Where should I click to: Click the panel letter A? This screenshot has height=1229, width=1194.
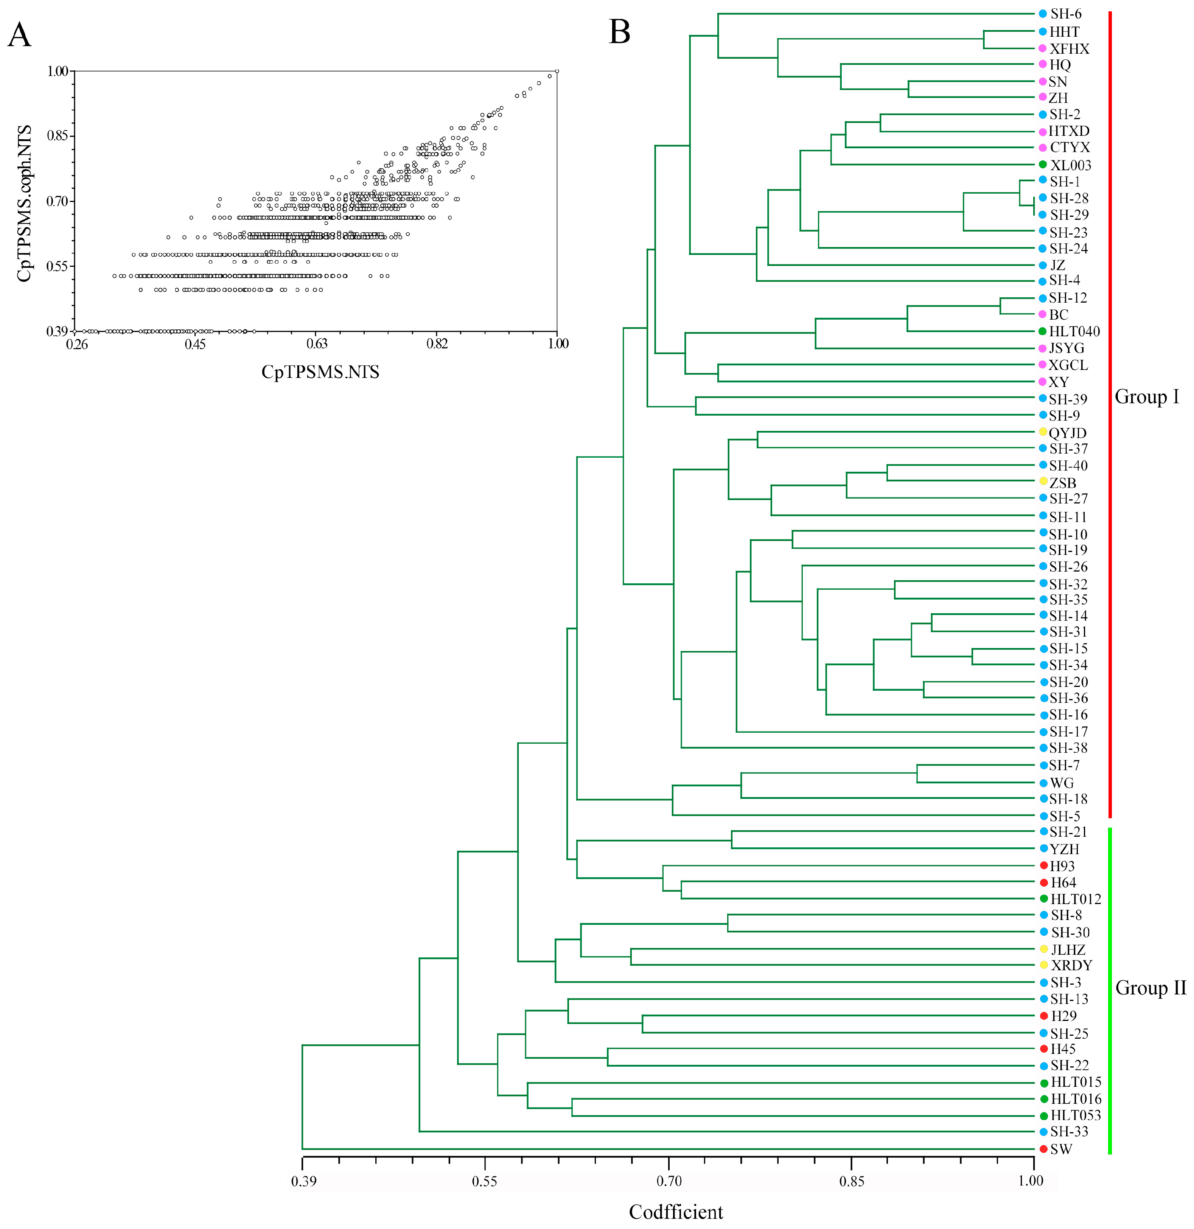coord(19,36)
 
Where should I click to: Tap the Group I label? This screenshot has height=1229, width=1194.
coord(1146,397)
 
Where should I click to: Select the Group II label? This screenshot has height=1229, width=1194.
coord(1150,988)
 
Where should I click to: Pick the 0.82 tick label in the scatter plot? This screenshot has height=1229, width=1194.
coord(437,343)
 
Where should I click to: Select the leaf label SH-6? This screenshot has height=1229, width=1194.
coord(1065,14)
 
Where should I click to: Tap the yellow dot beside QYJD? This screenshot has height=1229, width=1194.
coord(1043,431)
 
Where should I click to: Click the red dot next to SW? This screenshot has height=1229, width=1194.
coord(1043,1149)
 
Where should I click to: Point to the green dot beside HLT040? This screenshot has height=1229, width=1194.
coord(1042,331)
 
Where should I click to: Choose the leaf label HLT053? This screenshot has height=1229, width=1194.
coord(1076,1115)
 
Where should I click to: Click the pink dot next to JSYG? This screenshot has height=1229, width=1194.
coord(1042,348)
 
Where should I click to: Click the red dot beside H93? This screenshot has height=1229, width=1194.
coord(1043,865)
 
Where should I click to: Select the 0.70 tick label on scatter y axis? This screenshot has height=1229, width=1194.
coord(57,201)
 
